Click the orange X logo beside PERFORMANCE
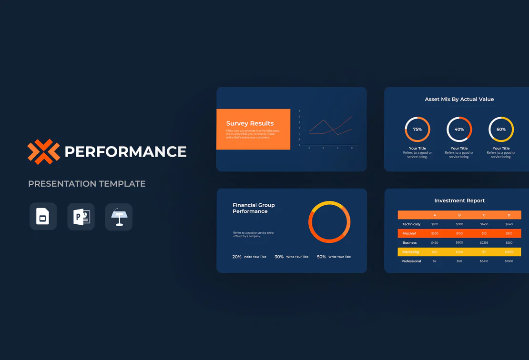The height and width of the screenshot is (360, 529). coord(43,151)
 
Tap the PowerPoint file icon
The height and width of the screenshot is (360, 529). coord(81,217)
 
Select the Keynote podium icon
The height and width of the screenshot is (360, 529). coord(119,217)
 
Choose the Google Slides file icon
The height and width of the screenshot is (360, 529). coord(43,217)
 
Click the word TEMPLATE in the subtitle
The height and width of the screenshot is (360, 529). coord(122,184)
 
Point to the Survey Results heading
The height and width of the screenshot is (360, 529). coord(250,123)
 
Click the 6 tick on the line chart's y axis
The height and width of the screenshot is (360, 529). coord(300,111)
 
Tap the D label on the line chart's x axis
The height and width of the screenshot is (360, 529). coord(352,148)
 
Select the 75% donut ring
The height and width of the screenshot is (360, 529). coord(417,129)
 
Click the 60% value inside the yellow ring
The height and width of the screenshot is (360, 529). coord(501,130)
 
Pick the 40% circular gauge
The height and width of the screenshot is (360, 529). coord(459,129)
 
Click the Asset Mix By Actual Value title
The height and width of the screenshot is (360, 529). coord(459,100)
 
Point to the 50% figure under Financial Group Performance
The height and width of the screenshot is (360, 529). coord(321,257)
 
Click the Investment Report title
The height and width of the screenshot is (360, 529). coord(459,201)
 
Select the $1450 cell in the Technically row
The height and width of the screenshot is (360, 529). coord(484,224)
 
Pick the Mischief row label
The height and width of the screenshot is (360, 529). coord(409,234)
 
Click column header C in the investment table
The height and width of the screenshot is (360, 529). coord(484,215)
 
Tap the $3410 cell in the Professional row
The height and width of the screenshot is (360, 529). coord(484,261)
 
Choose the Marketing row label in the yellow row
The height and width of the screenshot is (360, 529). coord(410,252)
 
